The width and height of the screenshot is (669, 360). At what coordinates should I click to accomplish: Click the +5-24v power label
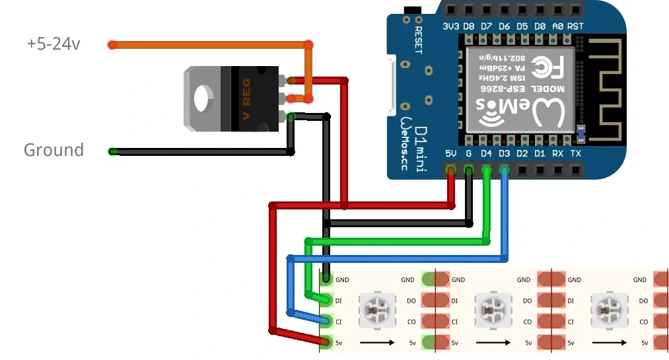[53, 44]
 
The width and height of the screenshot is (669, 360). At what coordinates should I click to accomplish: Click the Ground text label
[53, 150]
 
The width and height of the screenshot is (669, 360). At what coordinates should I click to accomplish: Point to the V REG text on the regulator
[248, 98]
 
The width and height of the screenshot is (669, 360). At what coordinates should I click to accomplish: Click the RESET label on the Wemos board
[419, 40]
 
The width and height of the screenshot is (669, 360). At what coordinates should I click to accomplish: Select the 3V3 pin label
[450, 26]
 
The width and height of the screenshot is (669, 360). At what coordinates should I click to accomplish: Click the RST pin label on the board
[575, 26]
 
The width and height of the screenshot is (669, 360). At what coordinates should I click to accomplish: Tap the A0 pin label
[557, 26]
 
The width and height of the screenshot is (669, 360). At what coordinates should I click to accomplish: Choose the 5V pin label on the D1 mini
[451, 153]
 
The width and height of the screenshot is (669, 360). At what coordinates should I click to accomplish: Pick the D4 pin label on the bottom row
[487, 153]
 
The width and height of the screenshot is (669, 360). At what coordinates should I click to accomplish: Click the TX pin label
[575, 153]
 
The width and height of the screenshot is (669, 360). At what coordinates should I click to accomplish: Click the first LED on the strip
[377, 309]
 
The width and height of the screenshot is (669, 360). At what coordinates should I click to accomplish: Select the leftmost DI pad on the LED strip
[326, 301]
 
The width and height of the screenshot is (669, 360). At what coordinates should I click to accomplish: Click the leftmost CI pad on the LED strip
[326, 322]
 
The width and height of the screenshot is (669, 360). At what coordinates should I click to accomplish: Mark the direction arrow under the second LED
[493, 343]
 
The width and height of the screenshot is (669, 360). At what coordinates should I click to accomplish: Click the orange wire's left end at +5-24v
[112, 45]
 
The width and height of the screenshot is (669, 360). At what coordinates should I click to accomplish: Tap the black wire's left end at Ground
[113, 151]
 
